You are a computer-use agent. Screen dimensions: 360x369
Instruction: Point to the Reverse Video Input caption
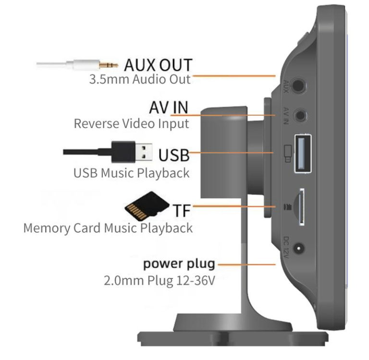tap(131, 123)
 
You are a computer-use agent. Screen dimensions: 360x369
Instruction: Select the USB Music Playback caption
tap(131, 173)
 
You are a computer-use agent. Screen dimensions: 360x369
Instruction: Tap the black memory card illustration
tap(145, 207)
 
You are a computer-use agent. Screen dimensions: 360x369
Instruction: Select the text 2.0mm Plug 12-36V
tap(159, 280)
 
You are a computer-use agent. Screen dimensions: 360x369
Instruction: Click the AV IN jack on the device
tap(301, 115)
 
